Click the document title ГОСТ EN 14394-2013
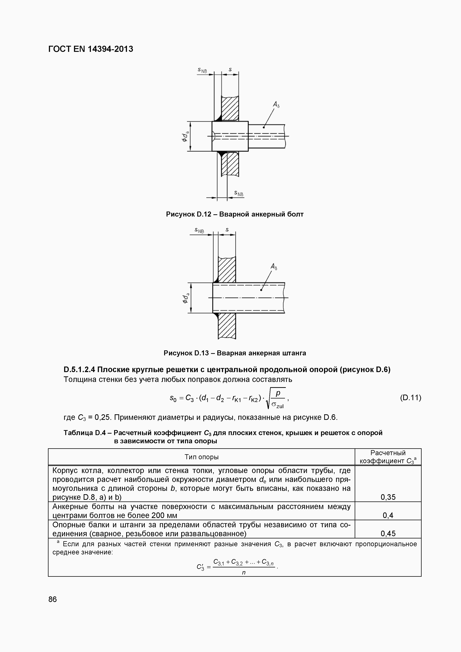[x=91, y=49]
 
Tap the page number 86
[x=53, y=599]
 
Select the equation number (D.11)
[x=410, y=398]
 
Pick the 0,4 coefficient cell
[x=388, y=515]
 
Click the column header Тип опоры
[x=201, y=457]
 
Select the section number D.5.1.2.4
[x=79, y=369]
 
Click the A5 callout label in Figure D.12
[x=276, y=105]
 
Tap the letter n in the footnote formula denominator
[x=244, y=572]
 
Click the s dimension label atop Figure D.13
[x=227, y=230]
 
